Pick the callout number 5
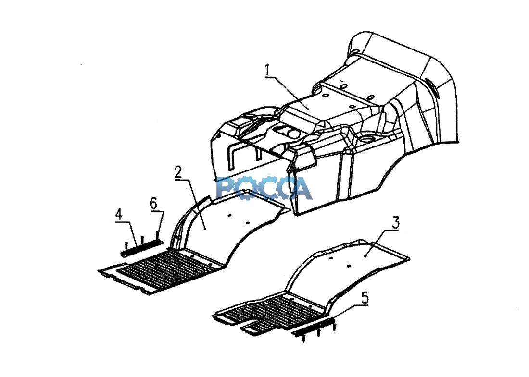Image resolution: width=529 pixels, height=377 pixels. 365,298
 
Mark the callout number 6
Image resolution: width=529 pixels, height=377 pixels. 153,204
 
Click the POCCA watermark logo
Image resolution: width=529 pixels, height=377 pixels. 264,188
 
